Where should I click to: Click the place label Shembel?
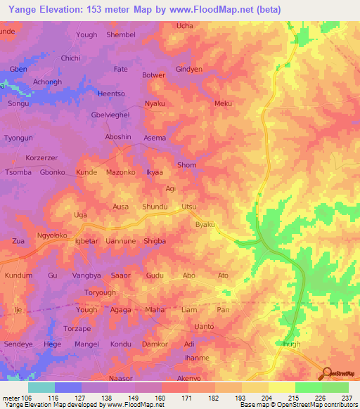[120, 34]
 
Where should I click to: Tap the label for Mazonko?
[120, 172]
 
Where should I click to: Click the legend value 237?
[346, 398]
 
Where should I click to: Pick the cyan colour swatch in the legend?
[41, 387]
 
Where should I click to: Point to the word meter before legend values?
[11, 398]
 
